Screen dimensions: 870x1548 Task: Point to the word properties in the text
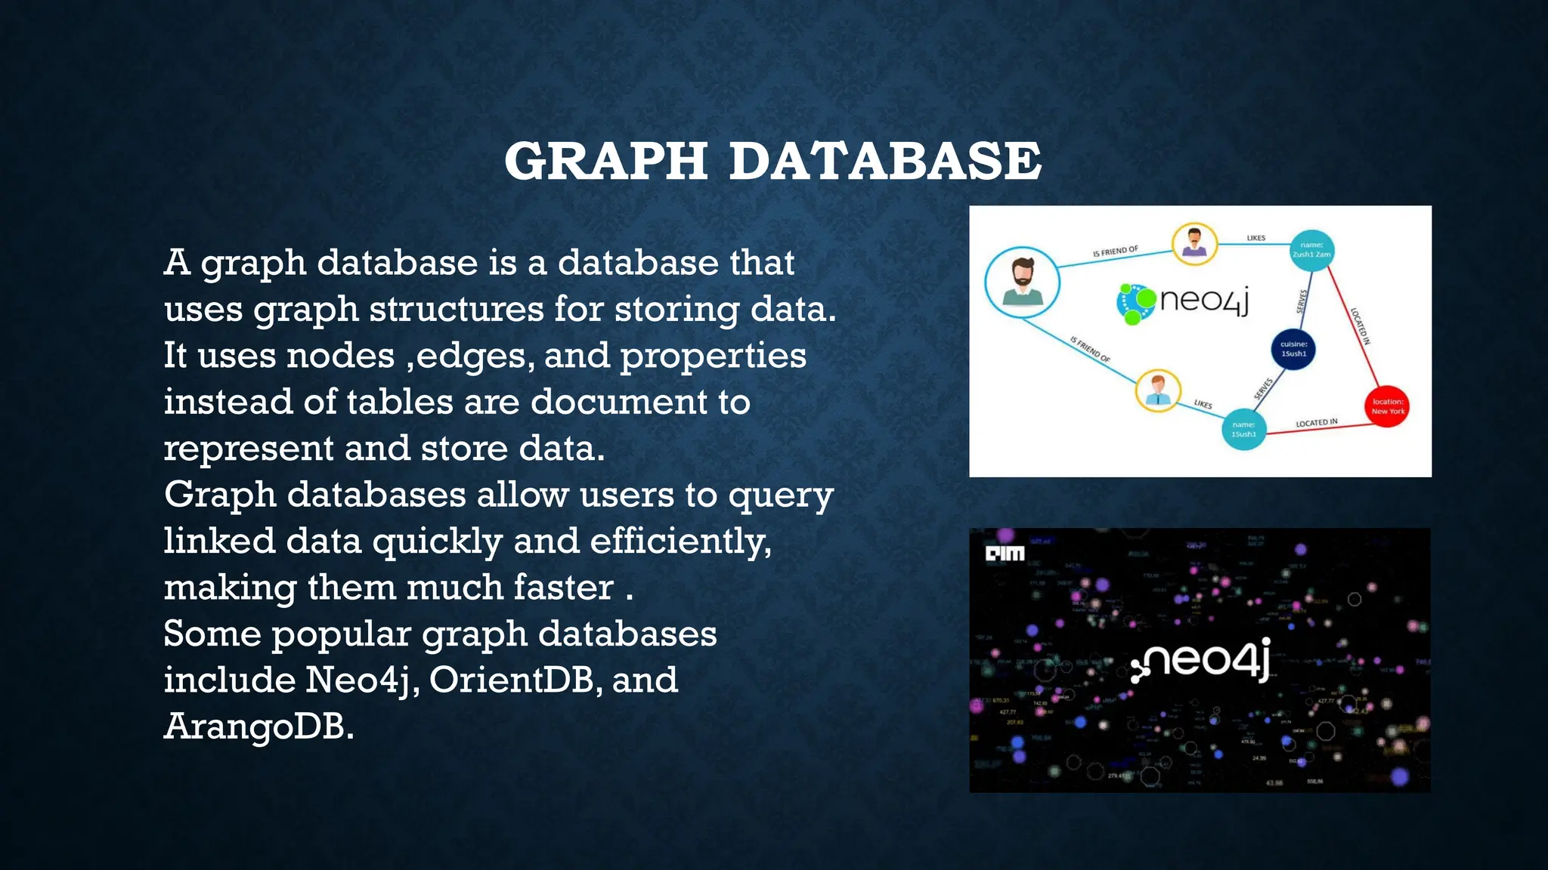(x=713, y=356)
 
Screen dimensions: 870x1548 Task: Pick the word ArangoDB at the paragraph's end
(x=259, y=727)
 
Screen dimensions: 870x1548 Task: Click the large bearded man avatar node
(x=1022, y=282)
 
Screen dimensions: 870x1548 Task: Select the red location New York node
(x=1388, y=406)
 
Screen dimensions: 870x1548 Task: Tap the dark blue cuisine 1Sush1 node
(x=1293, y=349)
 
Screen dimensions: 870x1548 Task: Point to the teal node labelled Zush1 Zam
(x=1311, y=250)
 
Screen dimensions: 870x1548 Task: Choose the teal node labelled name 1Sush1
(x=1243, y=429)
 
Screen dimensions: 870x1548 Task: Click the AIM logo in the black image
(x=1005, y=554)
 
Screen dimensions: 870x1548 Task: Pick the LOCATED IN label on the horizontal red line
(x=1316, y=423)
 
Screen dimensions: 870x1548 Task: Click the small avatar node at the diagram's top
(x=1194, y=244)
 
